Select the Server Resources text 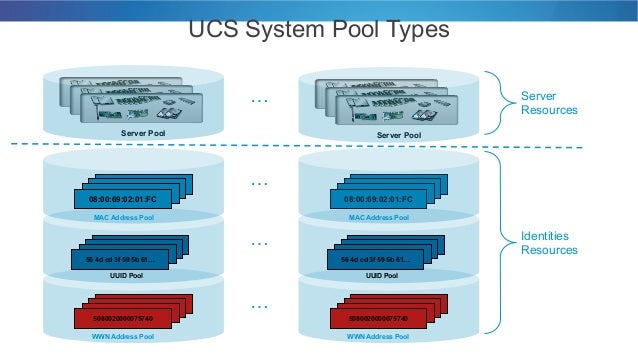(x=549, y=102)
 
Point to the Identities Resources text (x=549, y=242)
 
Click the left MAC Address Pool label (x=124, y=217)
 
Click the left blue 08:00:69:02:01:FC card (x=118, y=199)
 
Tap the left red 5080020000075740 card (x=119, y=318)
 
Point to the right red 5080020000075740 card (x=372, y=318)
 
